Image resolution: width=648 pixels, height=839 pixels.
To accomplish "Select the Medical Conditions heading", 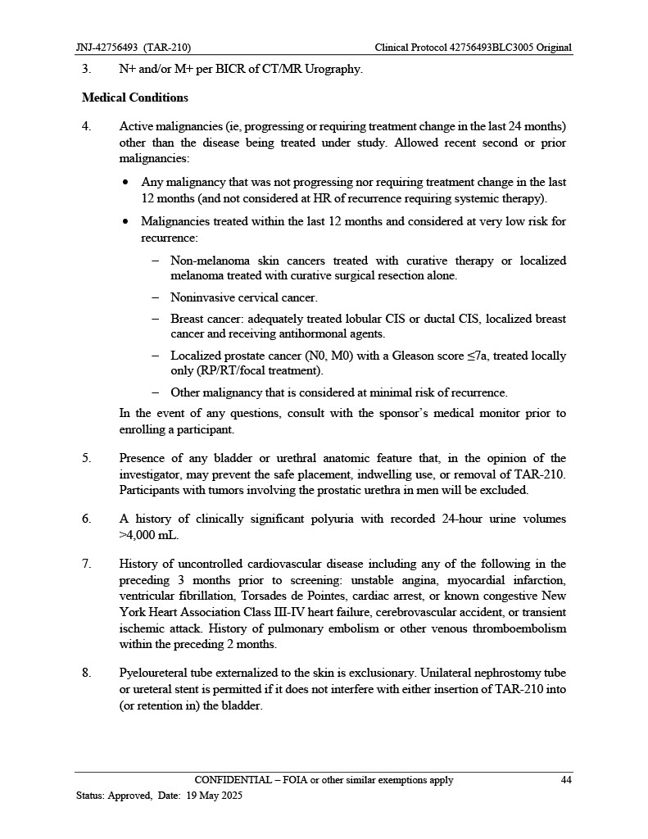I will pos(135,98).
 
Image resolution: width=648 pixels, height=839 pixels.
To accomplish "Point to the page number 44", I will pos(565,780).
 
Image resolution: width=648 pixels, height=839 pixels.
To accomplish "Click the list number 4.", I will pos(86,126).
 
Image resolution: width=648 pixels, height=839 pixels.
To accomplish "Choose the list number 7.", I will pos(86,564).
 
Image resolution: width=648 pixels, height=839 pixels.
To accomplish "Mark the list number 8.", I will pos(86,673).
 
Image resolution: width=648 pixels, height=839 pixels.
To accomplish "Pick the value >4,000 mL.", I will pos(148,535).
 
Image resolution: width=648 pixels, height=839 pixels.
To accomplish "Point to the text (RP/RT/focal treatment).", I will pos(247,370).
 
